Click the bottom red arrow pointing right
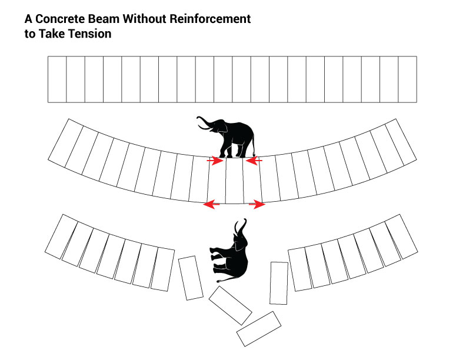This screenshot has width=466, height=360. coord(258,205)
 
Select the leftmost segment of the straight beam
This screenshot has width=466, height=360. coord(57,79)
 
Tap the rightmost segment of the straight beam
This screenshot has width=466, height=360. coord(407,79)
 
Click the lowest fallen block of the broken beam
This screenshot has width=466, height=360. coord(259,329)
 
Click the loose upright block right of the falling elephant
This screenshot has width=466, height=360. coord(279,283)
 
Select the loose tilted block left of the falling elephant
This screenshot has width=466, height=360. coord(191,278)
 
